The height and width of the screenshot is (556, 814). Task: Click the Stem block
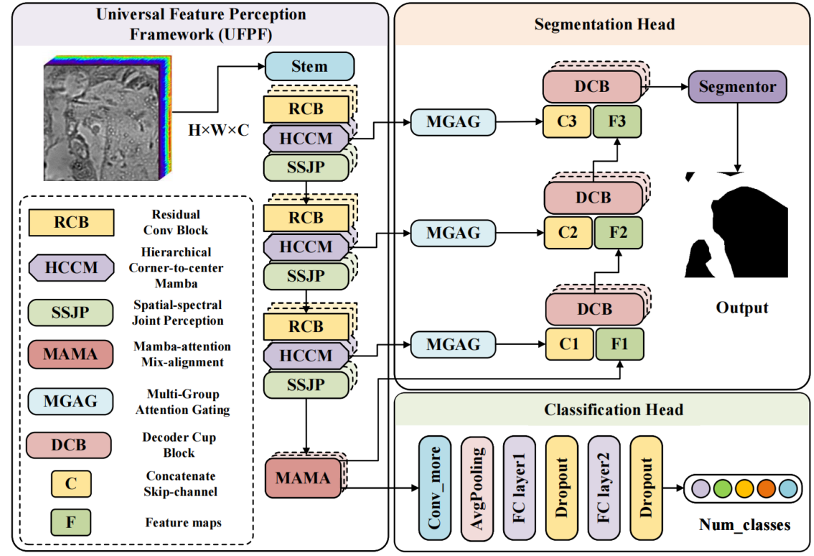(x=309, y=67)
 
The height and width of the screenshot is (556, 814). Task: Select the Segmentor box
(x=737, y=87)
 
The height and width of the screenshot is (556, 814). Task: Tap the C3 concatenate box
(x=569, y=122)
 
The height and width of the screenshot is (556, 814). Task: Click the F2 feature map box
(x=618, y=233)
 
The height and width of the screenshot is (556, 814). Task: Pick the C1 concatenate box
(x=569, y=344)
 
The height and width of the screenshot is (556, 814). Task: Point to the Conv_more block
(x=434, y=487)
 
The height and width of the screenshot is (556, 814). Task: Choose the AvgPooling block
(x=477, y=487)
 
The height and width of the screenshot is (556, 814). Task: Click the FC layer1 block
(x=520, y=487)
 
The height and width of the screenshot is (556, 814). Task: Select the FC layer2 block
(x=604, y=487)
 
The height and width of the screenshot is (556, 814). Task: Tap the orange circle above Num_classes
(x=766, y=488)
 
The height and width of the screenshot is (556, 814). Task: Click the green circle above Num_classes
(x=723, y=488)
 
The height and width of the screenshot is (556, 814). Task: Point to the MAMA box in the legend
(x=70, y=354)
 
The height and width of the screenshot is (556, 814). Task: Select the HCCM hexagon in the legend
(x=70, y=268)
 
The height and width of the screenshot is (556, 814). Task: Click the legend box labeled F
(x=70, y=522)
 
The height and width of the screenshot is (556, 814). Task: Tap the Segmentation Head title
(x=604, y=24)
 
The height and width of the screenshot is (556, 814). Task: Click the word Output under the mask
(x=742, y=307)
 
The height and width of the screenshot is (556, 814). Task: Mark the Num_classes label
(x=744, y=525)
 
